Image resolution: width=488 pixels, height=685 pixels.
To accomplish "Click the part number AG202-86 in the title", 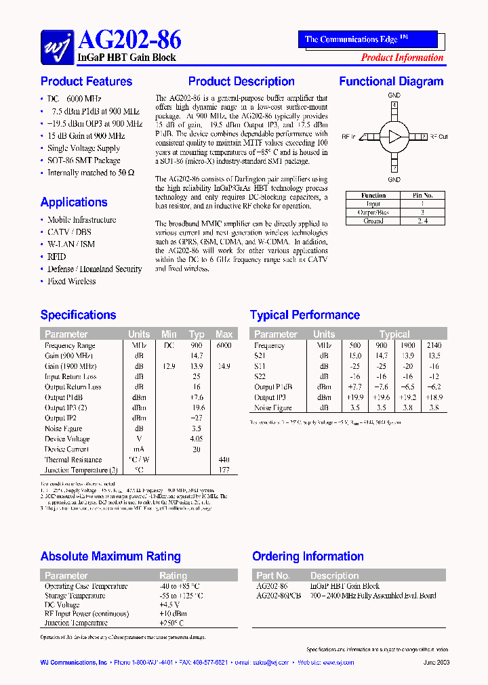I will [x=125, y=41].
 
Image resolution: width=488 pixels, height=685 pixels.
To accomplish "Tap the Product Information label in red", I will [x=402, y=58].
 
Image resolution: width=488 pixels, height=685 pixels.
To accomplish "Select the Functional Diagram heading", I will [x=391, y=82].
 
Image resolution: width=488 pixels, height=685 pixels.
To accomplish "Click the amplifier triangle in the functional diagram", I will [x=394, y=137].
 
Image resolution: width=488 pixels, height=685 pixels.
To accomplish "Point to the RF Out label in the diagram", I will [x=439, y=137].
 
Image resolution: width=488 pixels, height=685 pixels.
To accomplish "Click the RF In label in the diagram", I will [x=348, y=137].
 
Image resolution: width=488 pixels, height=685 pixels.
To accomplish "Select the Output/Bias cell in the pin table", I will [x=373, y=212].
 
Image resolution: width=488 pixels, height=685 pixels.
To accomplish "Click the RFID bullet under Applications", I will [x=57, y=257].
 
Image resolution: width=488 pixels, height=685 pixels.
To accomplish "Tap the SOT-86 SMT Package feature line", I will [x=84, y=160].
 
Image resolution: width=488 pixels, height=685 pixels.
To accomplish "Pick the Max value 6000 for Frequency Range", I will [x=224, y=345].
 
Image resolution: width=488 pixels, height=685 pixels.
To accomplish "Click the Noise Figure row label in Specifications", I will [x=64, y=428].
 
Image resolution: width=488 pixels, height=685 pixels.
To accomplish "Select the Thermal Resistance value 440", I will [x=224, y=460].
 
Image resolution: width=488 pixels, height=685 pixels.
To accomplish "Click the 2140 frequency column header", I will [x=434, y=345].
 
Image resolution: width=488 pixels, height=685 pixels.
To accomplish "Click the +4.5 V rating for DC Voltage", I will [x=169, y=604].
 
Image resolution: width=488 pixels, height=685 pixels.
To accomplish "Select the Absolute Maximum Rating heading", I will [x=110, y=557].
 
